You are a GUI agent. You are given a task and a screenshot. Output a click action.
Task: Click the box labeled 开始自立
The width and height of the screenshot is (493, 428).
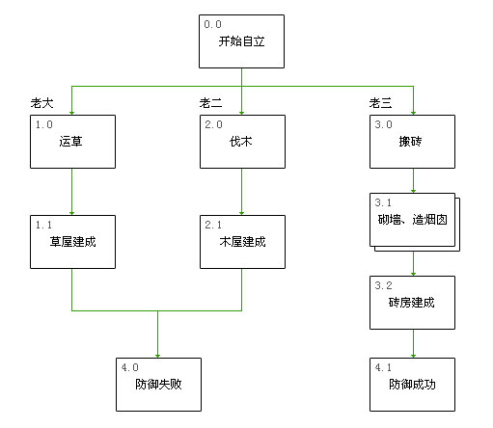pos(241,42)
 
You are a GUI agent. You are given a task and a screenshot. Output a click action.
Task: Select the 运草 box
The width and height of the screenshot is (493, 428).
pos(72,143)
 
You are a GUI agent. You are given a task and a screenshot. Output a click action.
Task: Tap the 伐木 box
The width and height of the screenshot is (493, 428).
pos(242,143)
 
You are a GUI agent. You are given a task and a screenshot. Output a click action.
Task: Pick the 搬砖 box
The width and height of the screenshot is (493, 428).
pos(412,143)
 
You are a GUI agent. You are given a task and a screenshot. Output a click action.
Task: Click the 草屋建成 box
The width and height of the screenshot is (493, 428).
pos(72,242)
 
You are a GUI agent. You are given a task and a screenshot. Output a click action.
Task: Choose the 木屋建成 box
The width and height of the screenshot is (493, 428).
pos(242,242)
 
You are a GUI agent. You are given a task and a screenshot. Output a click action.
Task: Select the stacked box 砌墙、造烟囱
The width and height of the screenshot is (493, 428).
pos(412,221)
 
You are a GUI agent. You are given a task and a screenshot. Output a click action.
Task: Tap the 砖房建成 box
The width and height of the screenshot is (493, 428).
pos(412,303)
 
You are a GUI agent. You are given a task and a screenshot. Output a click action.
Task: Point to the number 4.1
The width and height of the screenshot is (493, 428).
pos(383,366)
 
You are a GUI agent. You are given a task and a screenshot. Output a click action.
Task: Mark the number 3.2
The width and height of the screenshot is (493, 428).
pos(383,285)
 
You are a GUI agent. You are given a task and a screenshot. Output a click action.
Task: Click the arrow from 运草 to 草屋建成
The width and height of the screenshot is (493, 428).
pos(72,194)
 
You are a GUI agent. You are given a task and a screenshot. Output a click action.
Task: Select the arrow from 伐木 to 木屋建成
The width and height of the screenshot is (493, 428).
pos(242,194)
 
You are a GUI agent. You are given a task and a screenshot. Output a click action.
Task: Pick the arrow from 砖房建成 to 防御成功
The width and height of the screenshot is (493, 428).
pos(414,343)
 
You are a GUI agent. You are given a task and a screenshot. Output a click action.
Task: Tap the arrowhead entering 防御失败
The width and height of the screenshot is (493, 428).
pos(158,353)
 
